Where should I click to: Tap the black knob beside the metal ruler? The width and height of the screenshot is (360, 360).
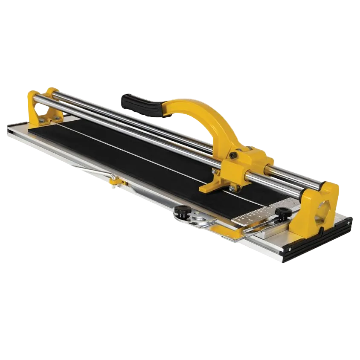tap(282, 212)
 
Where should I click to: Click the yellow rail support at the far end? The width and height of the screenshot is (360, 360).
tap(43, 107)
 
